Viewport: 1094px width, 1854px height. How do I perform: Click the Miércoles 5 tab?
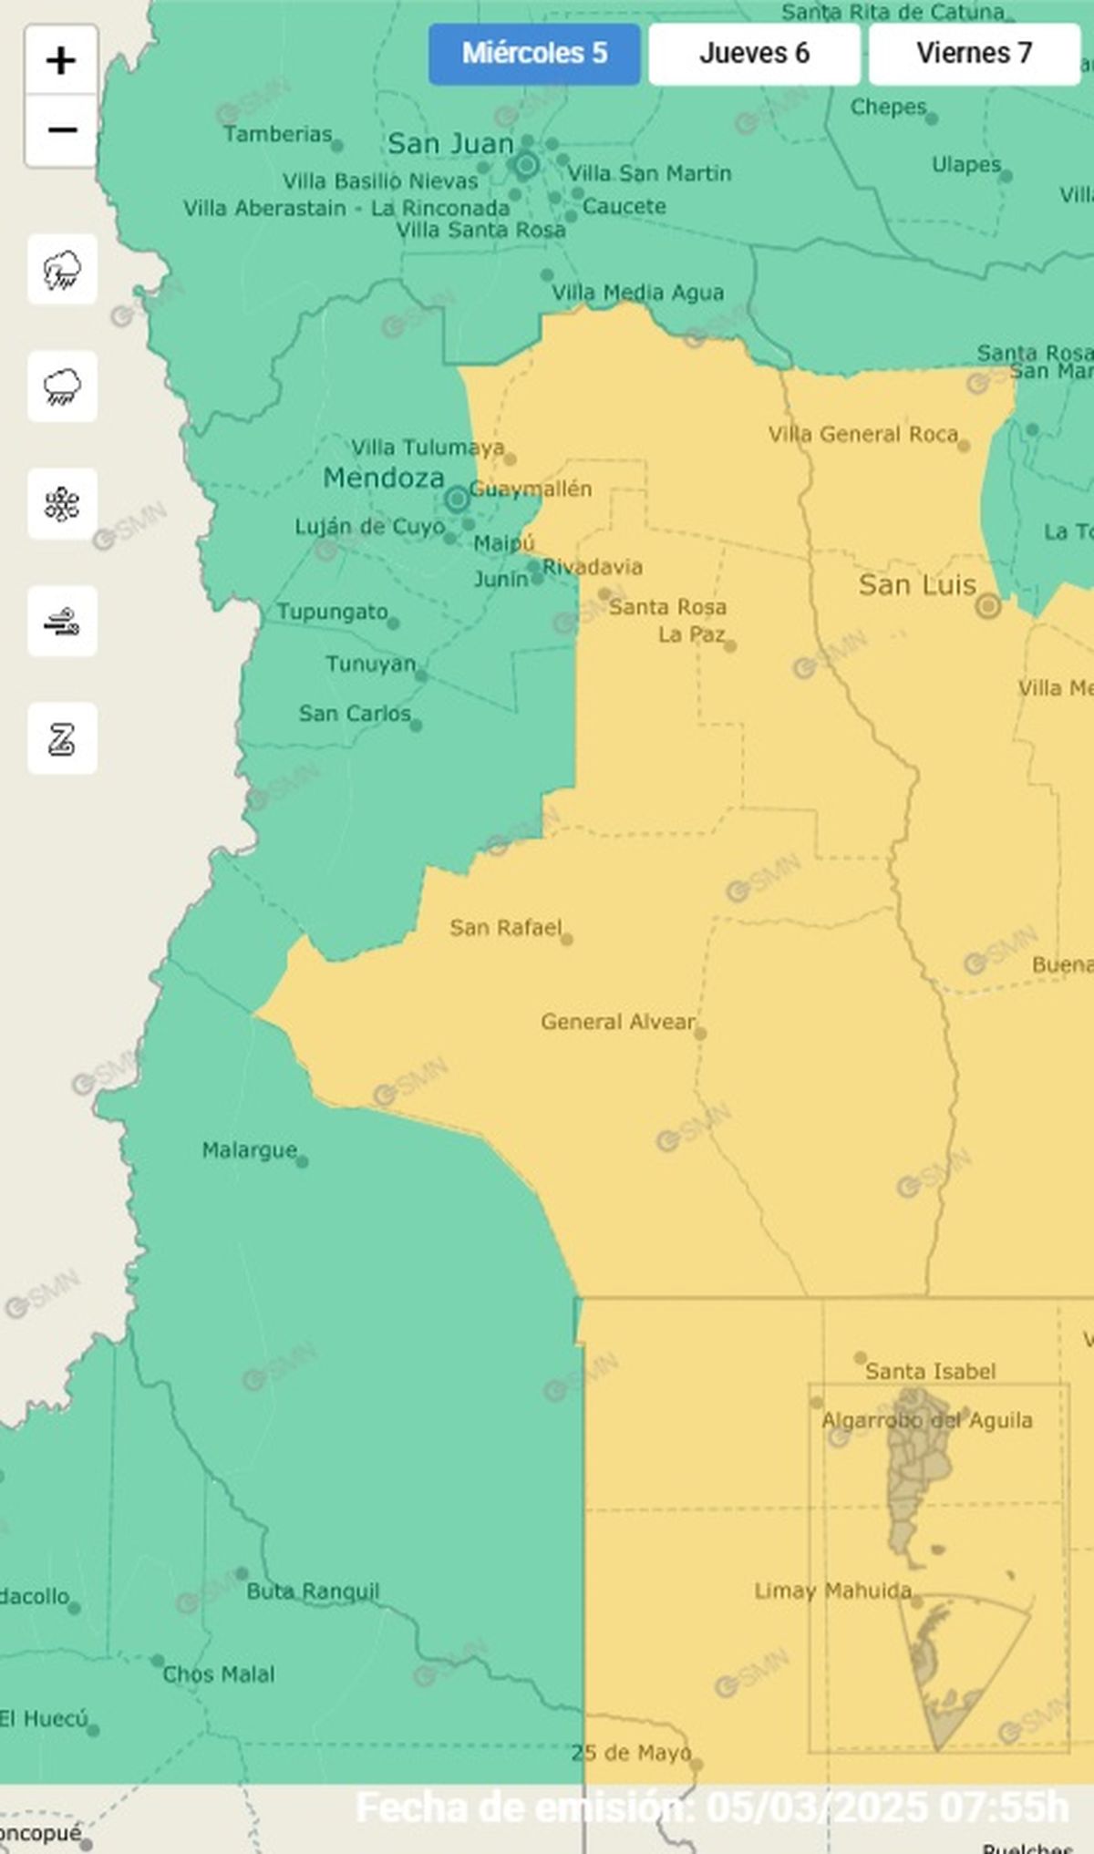click(x=534, y=54)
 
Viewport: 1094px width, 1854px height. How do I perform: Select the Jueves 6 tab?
click(x=754, y=54)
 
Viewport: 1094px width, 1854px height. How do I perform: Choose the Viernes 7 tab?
click(x=974, y=54)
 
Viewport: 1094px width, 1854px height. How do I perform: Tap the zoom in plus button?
click(x=61, y=61)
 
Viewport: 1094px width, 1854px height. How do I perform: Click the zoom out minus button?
click(x=61, y=130)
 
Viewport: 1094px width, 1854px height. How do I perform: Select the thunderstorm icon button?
click(x=62, y=270)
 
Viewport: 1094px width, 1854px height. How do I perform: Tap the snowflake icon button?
click(x=62, y=504)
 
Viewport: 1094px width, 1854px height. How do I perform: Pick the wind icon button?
click(x=62, y=622)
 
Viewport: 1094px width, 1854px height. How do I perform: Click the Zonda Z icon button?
click(x=62, y=738)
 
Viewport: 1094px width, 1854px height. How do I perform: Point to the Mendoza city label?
click(x=384, y=478)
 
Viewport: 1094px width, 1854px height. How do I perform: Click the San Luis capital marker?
click(x=988, y=606)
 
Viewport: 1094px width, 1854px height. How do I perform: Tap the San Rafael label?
click(x=505, y=928)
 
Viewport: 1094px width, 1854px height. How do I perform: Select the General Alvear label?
click(x=617, y=1022)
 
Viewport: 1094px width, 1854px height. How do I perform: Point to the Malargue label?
click(x=249, y=1150)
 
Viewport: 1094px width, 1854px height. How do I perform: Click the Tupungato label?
click(x=332, y=612)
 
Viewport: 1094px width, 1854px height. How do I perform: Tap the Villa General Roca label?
click(x=862, y=435)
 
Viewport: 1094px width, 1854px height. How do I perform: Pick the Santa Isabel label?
click(x=930, y=1371)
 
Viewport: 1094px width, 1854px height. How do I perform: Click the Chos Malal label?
click(x=218, y=1674)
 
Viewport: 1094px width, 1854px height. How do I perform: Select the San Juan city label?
click(x=450, y=144)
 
